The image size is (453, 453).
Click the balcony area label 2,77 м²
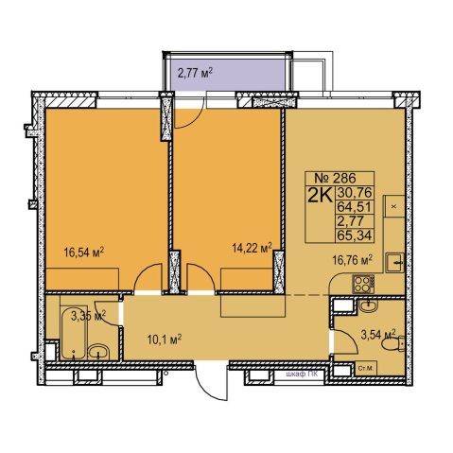tap(195, 74)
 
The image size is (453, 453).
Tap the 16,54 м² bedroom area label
tap(84, 253)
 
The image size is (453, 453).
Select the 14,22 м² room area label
tap(252, 248)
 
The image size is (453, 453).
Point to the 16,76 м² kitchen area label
tap(353, 260)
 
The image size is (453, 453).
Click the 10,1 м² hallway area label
tap(165, 340)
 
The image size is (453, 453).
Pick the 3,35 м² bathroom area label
tap(88, 316)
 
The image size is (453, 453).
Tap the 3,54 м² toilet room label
tap(378, 335)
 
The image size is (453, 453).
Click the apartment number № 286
tap(335, 179)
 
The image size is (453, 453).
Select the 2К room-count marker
tap(320, 196)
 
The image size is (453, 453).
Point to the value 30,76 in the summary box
tap(355, 192)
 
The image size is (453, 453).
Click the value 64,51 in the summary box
tap(355, 207)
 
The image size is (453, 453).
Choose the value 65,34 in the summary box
tap(355, 235)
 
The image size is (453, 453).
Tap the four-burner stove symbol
tap(363, 284)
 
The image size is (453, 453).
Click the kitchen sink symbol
tap(394, 262)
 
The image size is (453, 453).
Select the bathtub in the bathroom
tap(74, 333)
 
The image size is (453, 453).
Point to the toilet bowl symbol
tap(392, 344)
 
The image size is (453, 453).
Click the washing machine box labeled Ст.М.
tap(366, 369)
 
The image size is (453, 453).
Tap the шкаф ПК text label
tap(302, 375)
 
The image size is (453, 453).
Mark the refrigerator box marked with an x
tap(394, 206)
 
